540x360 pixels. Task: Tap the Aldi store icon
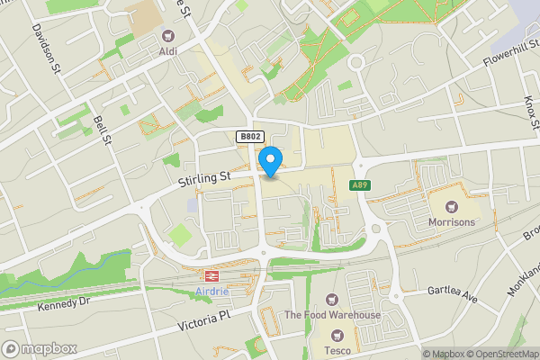point(167,36)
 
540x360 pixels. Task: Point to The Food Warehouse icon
point(331,299)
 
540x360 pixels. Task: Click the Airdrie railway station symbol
point(213,276)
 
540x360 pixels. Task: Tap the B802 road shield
point(249,137)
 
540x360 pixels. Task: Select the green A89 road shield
point(360,185)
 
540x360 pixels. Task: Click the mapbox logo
point(40,348)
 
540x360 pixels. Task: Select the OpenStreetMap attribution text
point(502,354)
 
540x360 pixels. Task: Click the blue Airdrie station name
point(213,292)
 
